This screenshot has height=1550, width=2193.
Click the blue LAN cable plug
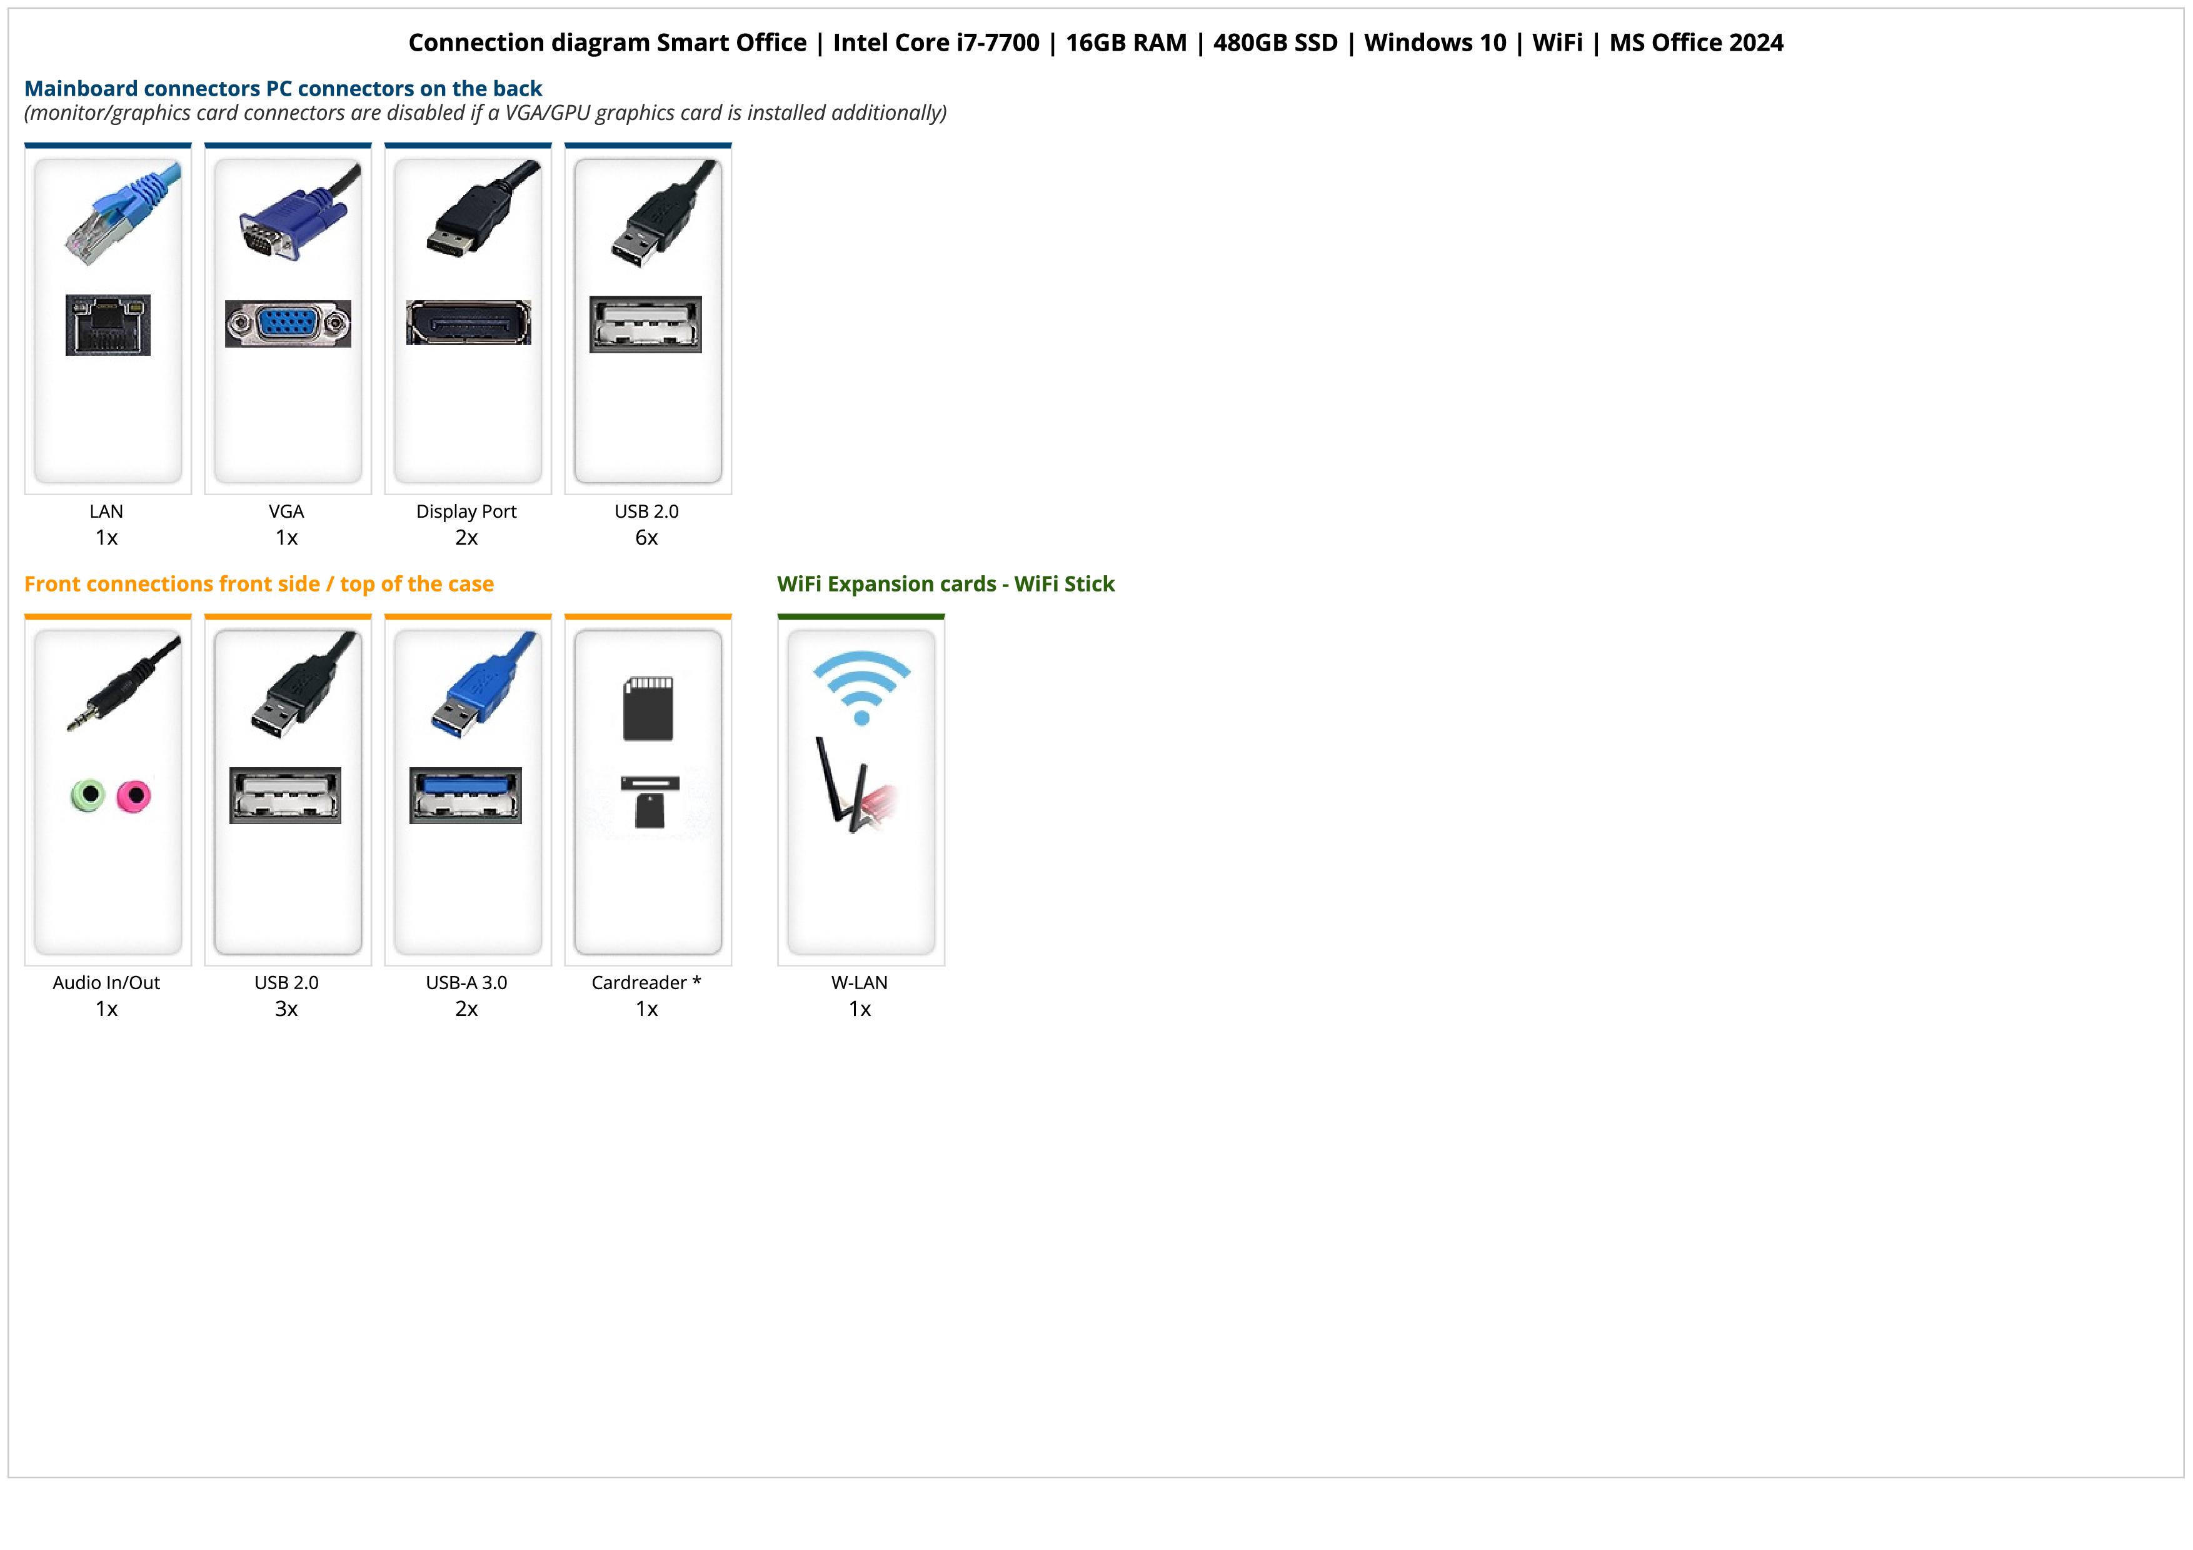pyautogui.click(x=123, y=214)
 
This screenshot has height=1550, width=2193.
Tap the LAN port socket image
pyautogui.click(x=108, y=325)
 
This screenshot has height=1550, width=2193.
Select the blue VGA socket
pyautogui.click(x=288, y=324)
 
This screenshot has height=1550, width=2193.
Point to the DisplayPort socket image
pyautogui.click(x=468, y=323)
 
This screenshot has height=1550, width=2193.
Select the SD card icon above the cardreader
pyautogui.click(x=648, y=708)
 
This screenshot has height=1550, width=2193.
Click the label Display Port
pyautogui.click(x=466, y=512)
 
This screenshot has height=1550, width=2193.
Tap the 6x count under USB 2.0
pyautogui.click(x=646, y=538)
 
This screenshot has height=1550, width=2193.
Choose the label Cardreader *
pyautogui.click(x=646, y=983)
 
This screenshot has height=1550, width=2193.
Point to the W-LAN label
pyautogui.click(x=860, y=983)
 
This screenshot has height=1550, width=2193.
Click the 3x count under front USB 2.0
pyautogui.click(x=286, y=1009)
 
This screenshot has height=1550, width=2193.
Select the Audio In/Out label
pyautogui.click(x=106, y=983)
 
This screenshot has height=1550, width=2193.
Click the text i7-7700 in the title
pyautogui.click(x=998, y=43)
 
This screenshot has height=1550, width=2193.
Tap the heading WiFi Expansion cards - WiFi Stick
pyautogui.click(x=946, y=585)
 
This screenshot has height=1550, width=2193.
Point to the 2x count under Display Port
pyautogui.click(x=466, y=538)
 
